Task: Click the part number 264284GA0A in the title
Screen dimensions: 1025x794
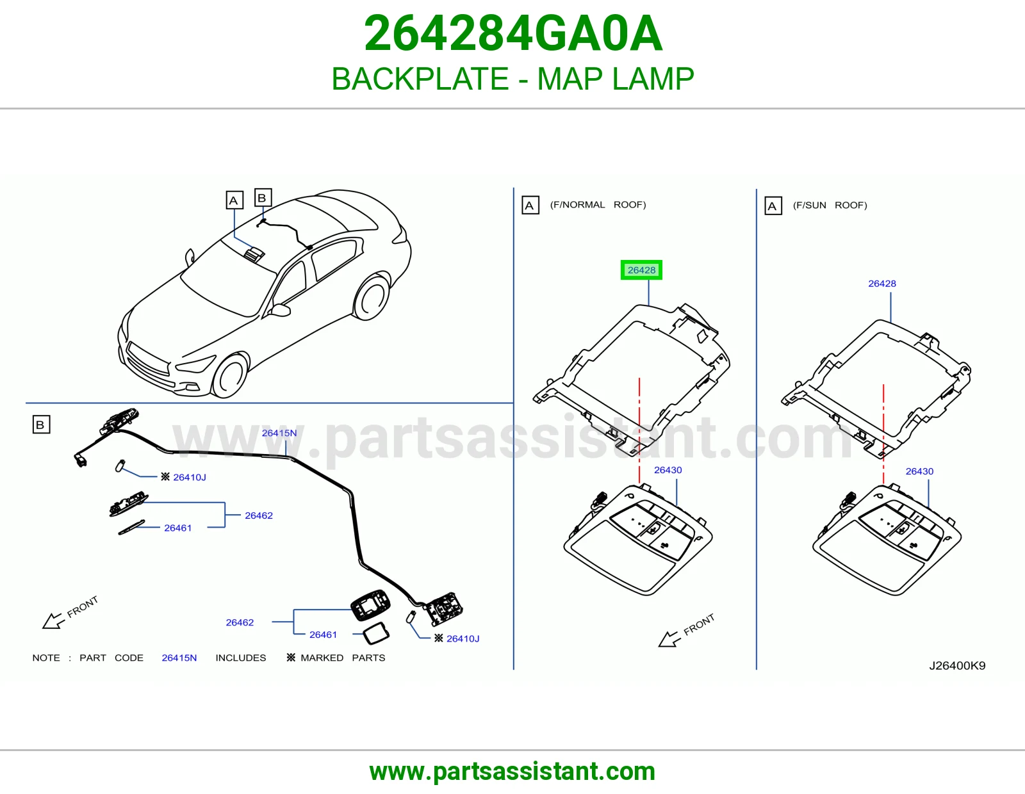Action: (513, 33)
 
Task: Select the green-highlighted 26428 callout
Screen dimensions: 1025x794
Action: (641, 270)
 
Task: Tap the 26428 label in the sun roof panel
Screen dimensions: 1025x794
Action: (882, 284)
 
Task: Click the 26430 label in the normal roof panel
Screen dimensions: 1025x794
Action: (668, 469)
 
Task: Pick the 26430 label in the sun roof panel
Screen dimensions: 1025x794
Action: (919, 471)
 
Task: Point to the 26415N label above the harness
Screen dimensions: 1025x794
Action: (279, 433)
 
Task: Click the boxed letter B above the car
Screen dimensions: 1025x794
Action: (263, 198)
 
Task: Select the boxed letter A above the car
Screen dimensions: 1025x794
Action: (234, 200)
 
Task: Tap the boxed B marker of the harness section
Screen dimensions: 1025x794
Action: (41, 425)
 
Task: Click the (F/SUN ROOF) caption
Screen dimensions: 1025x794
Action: (830, 206)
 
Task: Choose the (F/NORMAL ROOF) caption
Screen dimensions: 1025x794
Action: (598, 205)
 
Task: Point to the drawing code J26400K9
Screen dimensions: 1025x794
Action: (957, 665)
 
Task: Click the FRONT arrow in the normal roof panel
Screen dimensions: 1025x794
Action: (669, 639)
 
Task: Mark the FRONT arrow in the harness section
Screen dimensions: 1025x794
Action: (53, 620)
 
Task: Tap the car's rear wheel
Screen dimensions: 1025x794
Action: (372, 298)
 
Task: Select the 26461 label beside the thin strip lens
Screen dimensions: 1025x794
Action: (178, 528)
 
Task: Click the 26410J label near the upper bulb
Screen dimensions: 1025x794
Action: (190, 477)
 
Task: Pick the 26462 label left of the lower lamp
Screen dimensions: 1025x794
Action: (240, 622)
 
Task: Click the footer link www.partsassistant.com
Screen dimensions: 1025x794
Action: (512, 772)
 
